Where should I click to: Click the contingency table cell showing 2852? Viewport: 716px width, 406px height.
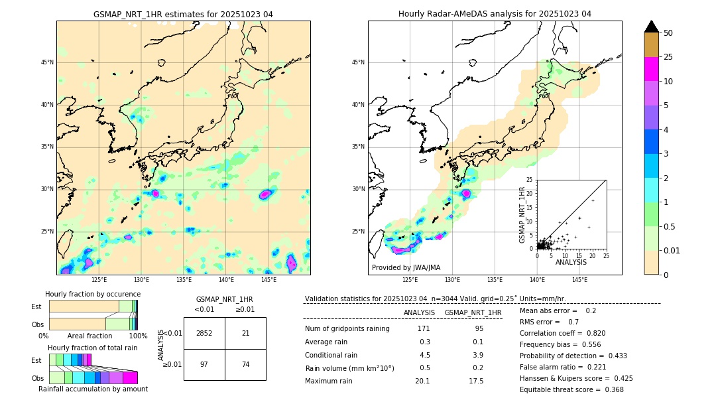(204, 333)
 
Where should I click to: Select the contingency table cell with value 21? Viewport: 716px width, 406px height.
(245, 333)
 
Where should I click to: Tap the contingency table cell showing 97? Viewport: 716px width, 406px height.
(204, 365)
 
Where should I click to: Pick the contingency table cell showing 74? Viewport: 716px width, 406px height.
(245, 365)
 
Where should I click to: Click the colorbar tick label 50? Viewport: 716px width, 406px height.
(668, 33)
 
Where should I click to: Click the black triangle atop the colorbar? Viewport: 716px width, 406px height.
(651, 27)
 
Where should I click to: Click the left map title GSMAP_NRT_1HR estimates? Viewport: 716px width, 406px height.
(183, 14)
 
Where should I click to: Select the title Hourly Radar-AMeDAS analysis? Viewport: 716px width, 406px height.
(495, 14)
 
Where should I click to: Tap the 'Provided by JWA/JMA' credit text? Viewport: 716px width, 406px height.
(406, 267)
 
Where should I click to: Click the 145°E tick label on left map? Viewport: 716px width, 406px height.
(268, 281)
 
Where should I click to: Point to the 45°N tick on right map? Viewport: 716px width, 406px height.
(358, 62)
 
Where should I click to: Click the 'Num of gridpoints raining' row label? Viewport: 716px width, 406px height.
(347, 329)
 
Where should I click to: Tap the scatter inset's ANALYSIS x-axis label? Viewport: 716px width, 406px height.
(571, 262)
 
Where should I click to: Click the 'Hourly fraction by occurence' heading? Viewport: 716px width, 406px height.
(92, 294)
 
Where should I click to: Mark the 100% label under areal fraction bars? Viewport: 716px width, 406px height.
(138, 336)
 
